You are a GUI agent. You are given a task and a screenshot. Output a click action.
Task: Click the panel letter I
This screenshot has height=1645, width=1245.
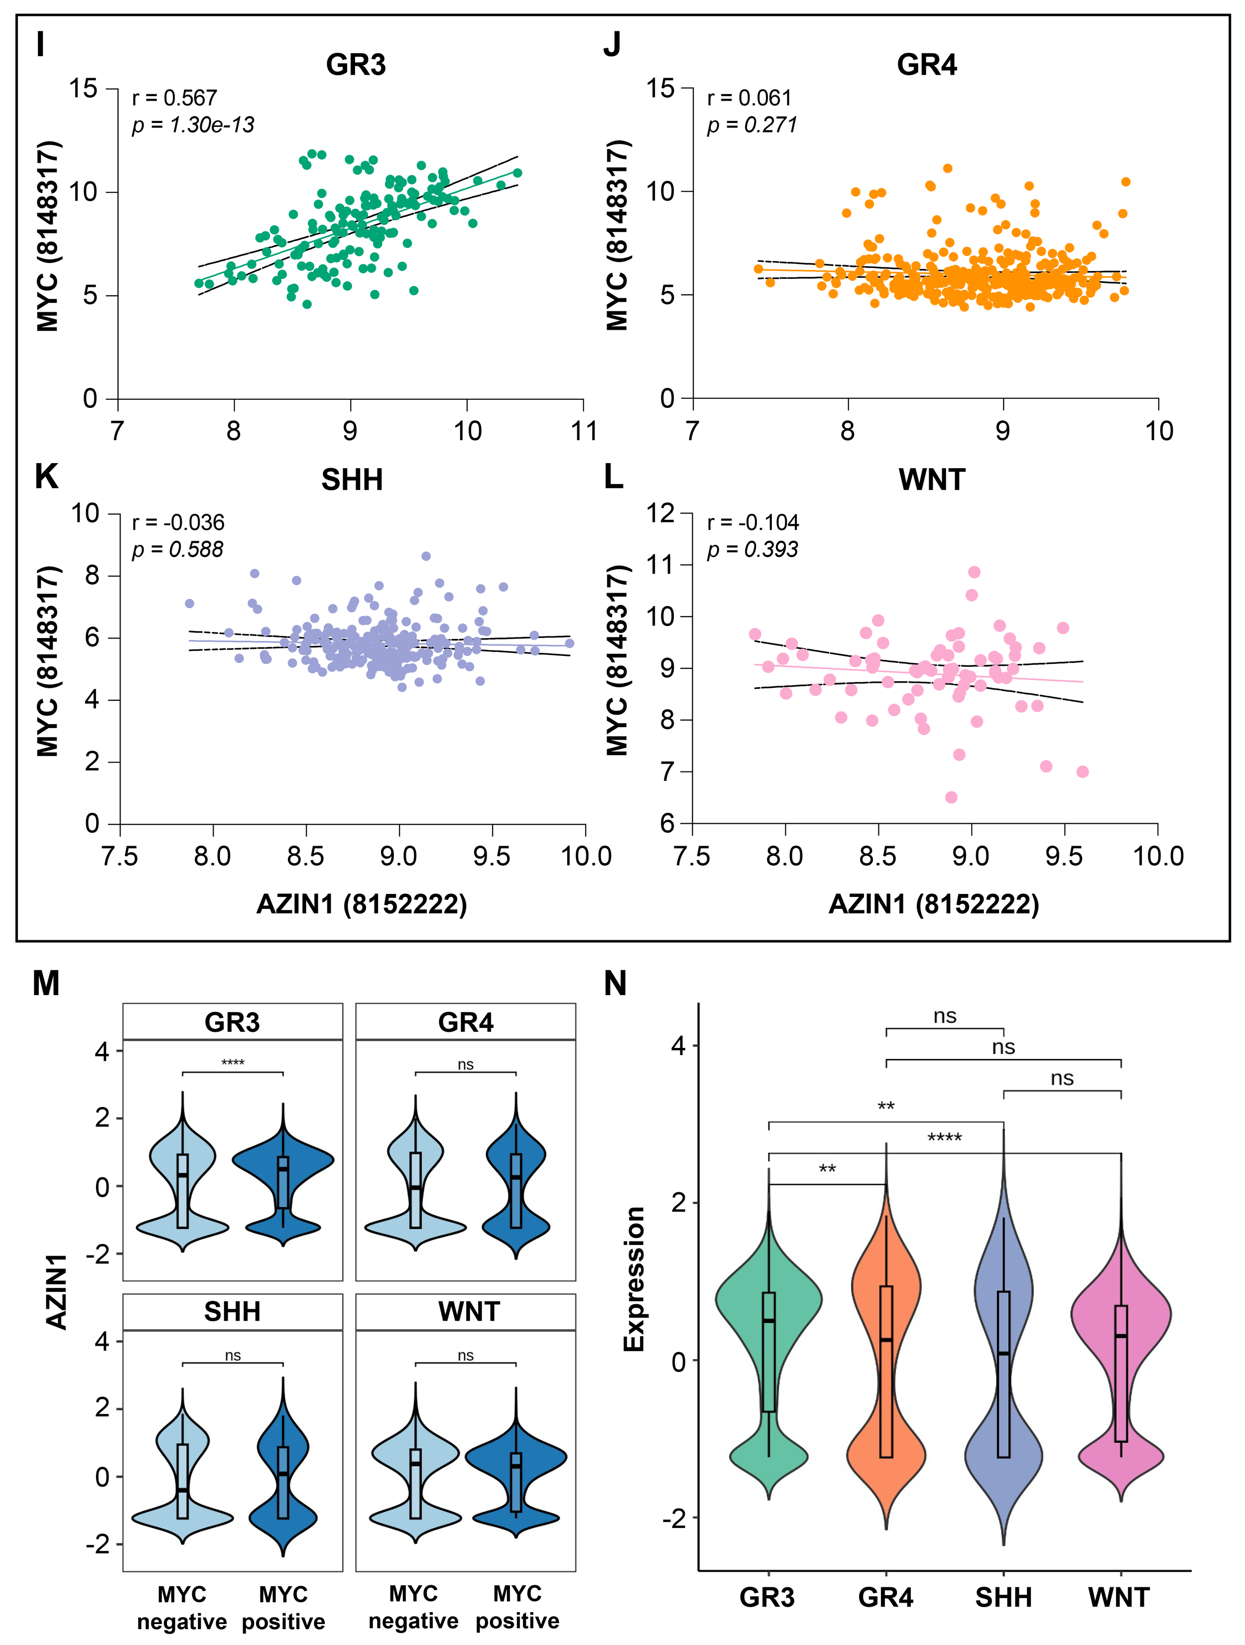(x=40, y=45)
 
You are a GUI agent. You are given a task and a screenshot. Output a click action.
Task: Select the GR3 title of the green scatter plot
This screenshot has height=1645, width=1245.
(x=356, y=65)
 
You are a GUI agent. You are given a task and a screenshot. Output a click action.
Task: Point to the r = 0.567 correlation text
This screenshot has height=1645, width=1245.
(x=175, y=98)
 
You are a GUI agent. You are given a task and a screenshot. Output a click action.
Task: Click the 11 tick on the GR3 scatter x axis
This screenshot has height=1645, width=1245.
(x=584, y=431)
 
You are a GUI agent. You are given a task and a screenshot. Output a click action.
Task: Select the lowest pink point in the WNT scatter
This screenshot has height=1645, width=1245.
(x=951, y=797)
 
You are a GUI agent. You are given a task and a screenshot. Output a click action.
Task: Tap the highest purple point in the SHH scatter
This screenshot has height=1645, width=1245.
(x=425, y=555)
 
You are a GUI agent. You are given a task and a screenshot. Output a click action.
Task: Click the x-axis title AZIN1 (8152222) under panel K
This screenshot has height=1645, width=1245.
(x=362, y=904)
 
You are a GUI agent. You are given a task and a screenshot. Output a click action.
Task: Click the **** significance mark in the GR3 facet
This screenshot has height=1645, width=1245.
(x=233, y=1062)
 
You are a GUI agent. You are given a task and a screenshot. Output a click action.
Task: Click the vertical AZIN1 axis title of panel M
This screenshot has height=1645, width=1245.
(x=57, y=1290)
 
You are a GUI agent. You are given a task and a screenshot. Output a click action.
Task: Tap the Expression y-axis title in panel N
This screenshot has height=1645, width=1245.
(x=633, y=1279)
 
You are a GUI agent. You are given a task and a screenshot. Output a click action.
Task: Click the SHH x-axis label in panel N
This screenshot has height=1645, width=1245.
(x=1003, y=1597)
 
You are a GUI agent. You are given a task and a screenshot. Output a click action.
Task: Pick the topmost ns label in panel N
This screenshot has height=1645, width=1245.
(x=945, y=1016)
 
